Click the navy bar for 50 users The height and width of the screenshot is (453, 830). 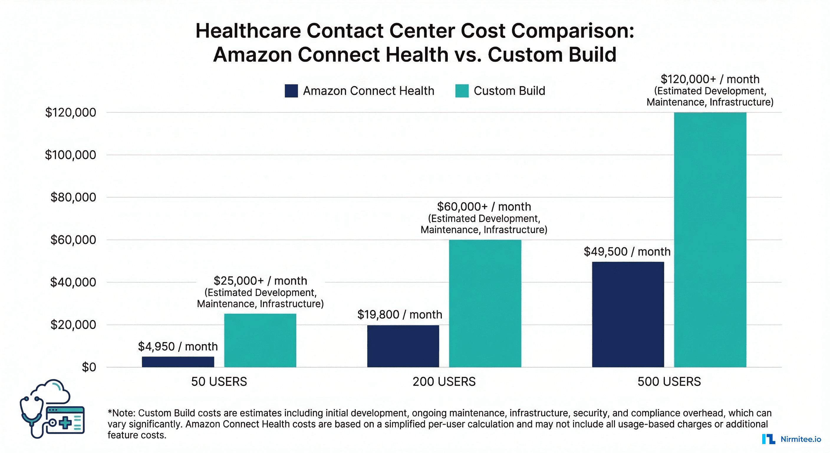point(178,362)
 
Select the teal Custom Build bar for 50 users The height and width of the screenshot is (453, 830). point(260,340)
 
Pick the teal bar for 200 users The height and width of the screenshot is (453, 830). point(485,303)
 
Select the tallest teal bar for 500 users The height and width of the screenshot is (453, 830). point(710,239)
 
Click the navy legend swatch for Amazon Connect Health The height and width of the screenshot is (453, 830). point(291,91)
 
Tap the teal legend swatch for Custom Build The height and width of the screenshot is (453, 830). point(462,91)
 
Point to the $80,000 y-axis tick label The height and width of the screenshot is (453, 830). point(73,197)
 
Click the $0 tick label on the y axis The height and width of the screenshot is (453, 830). point(89,367)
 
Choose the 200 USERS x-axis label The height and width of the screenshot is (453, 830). point(444,382)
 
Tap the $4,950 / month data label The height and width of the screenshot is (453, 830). point(178,347)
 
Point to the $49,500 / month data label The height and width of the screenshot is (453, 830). point(627,252)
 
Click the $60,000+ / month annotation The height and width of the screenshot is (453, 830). point(484,207)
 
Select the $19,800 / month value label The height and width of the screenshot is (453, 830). point(400,314)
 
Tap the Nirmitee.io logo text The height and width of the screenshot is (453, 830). point(801,439)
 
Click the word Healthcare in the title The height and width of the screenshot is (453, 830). point(248,31)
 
